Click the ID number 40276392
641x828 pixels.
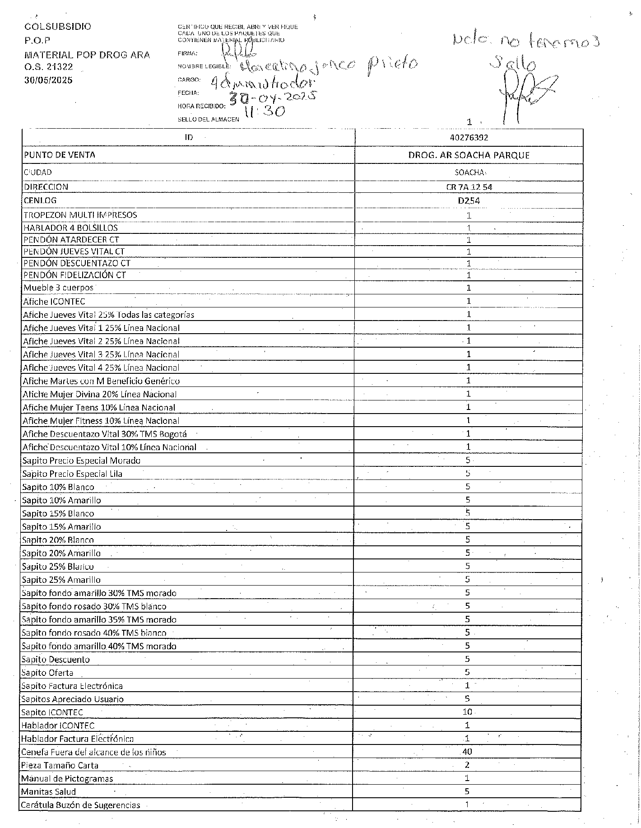pos(469,138)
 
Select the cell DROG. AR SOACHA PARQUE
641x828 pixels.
pos(469,155)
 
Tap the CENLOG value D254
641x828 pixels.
pos(469,201)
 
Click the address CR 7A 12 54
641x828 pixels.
pos(469,187)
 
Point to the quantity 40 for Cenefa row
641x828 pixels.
pos(467,752)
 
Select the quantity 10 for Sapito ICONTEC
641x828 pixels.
pos(467,712)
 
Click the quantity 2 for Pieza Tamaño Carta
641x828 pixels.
pos(467,765)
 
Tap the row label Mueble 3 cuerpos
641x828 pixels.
pos(59,288)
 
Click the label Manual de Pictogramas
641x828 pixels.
pos(67,778)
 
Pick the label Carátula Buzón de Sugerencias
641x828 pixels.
pos(81,805)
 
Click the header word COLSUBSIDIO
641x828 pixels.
pos(58,27)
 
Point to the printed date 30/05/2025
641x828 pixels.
pos(48,80)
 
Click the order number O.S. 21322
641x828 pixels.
pos(49,67)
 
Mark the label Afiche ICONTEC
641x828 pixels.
pos(54,301)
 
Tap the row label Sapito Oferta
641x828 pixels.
pos(48,673)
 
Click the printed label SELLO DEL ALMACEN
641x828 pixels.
pos(209,120)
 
